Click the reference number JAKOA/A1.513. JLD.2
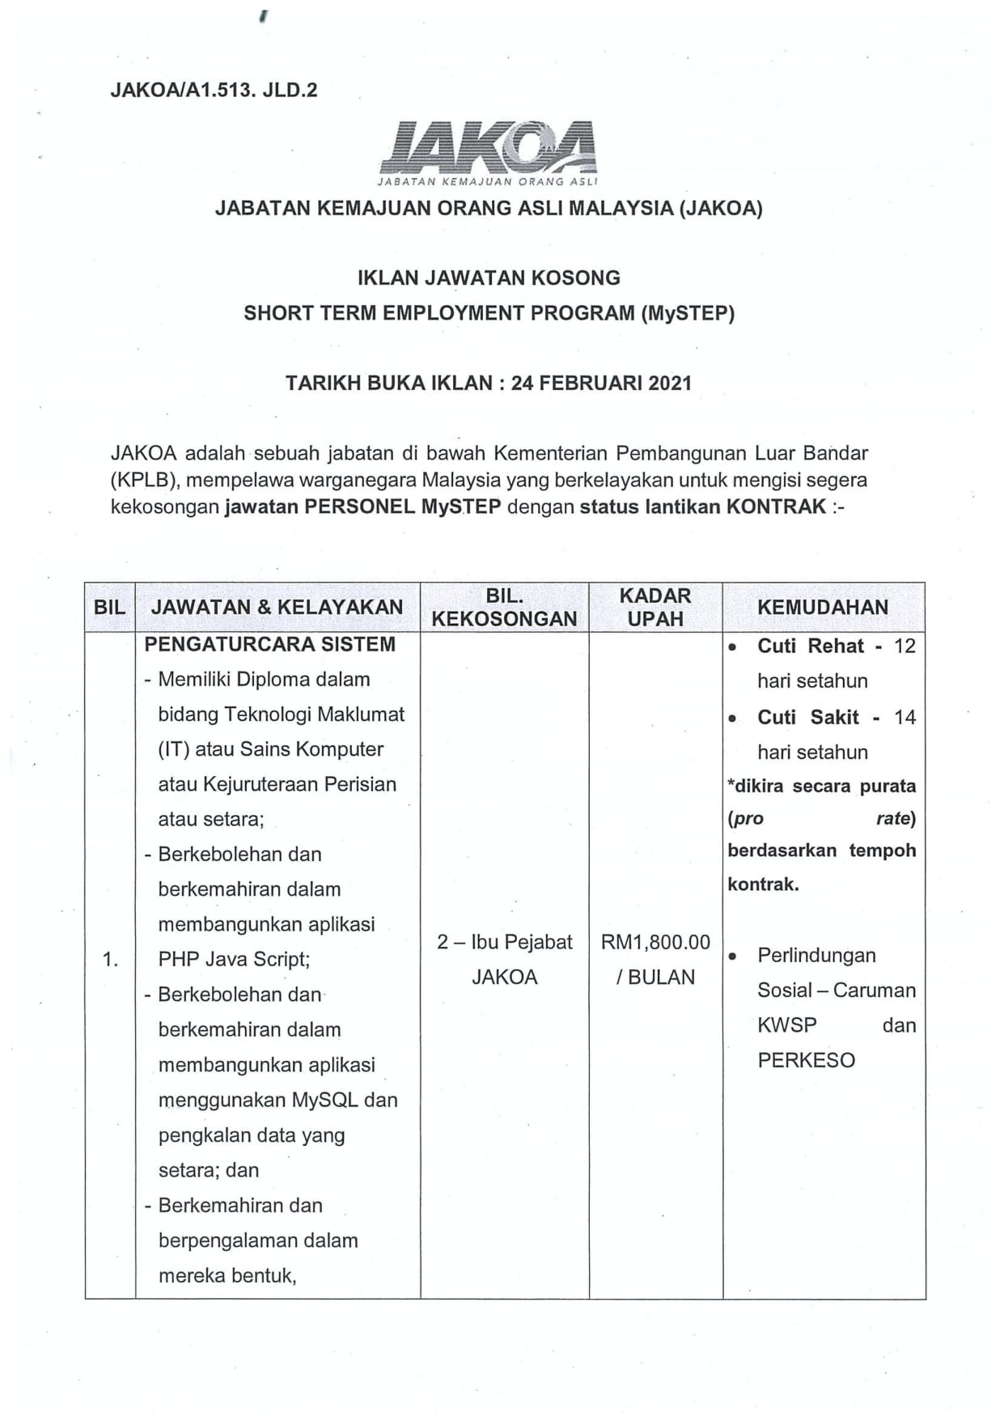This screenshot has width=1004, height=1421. [214, 90]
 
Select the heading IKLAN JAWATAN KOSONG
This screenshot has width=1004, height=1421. [489, 278]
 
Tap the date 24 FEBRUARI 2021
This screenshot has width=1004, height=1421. [601, 383]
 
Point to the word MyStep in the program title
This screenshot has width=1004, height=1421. [688, 313]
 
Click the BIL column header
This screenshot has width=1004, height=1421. [110, 607]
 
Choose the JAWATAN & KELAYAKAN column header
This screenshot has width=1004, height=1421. [277, 607]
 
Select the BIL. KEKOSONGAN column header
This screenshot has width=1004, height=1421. [504, 608]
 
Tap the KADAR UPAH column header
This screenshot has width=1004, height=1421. [655, 608]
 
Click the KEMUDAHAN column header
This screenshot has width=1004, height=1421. [823, 607]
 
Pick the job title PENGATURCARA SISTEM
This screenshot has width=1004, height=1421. [269, 645]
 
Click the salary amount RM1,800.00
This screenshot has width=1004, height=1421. [655, 942]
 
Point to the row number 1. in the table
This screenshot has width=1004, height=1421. [110, 960]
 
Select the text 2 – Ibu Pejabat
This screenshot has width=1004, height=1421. [504, 942]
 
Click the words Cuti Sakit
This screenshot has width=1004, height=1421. [808, 718]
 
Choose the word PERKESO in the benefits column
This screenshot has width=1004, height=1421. [806, 1060]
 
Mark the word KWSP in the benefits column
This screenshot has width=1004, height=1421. [787, 1025]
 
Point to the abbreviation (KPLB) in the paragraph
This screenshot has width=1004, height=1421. [144, 480]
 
